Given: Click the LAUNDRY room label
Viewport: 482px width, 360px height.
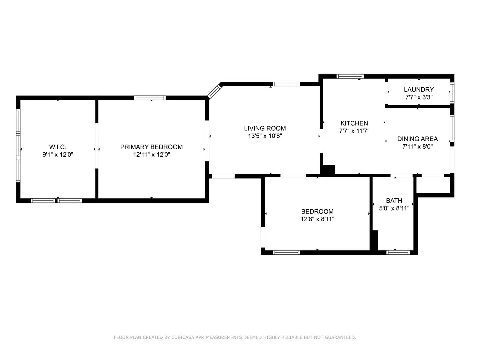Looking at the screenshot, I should (419, 89).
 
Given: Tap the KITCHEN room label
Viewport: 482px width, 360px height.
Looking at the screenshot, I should (354, 123).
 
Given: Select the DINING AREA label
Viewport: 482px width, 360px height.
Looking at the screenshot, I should (417, 139).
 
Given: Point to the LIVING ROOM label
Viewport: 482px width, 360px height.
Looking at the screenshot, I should (265, 128).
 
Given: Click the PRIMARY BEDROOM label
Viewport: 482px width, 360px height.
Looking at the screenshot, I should (151, 147).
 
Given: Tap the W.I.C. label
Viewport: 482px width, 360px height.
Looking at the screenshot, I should (58, 147).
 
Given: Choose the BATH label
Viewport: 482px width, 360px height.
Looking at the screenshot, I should (394, 201).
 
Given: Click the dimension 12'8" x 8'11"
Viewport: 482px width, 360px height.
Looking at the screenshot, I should (317, 219).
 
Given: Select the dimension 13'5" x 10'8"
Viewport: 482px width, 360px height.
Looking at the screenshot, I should (265, 136).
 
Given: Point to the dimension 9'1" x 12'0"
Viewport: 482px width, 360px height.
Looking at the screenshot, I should (58, 155).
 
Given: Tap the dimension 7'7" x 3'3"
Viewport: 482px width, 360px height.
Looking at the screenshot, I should (419, 97).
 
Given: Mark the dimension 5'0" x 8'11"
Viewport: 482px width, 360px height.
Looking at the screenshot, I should (394, 208).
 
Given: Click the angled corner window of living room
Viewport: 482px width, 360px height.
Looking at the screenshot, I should (215, 91).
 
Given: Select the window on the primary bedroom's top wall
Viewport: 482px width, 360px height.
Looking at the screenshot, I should (150, 98).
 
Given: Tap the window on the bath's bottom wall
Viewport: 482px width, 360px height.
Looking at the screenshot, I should (398, 252).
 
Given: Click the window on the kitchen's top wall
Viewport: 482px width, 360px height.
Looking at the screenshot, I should (350, 76).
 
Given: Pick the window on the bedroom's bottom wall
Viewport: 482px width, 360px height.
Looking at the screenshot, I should (286, 252).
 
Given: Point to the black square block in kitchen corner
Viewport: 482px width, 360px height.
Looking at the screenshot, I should (328, 170).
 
